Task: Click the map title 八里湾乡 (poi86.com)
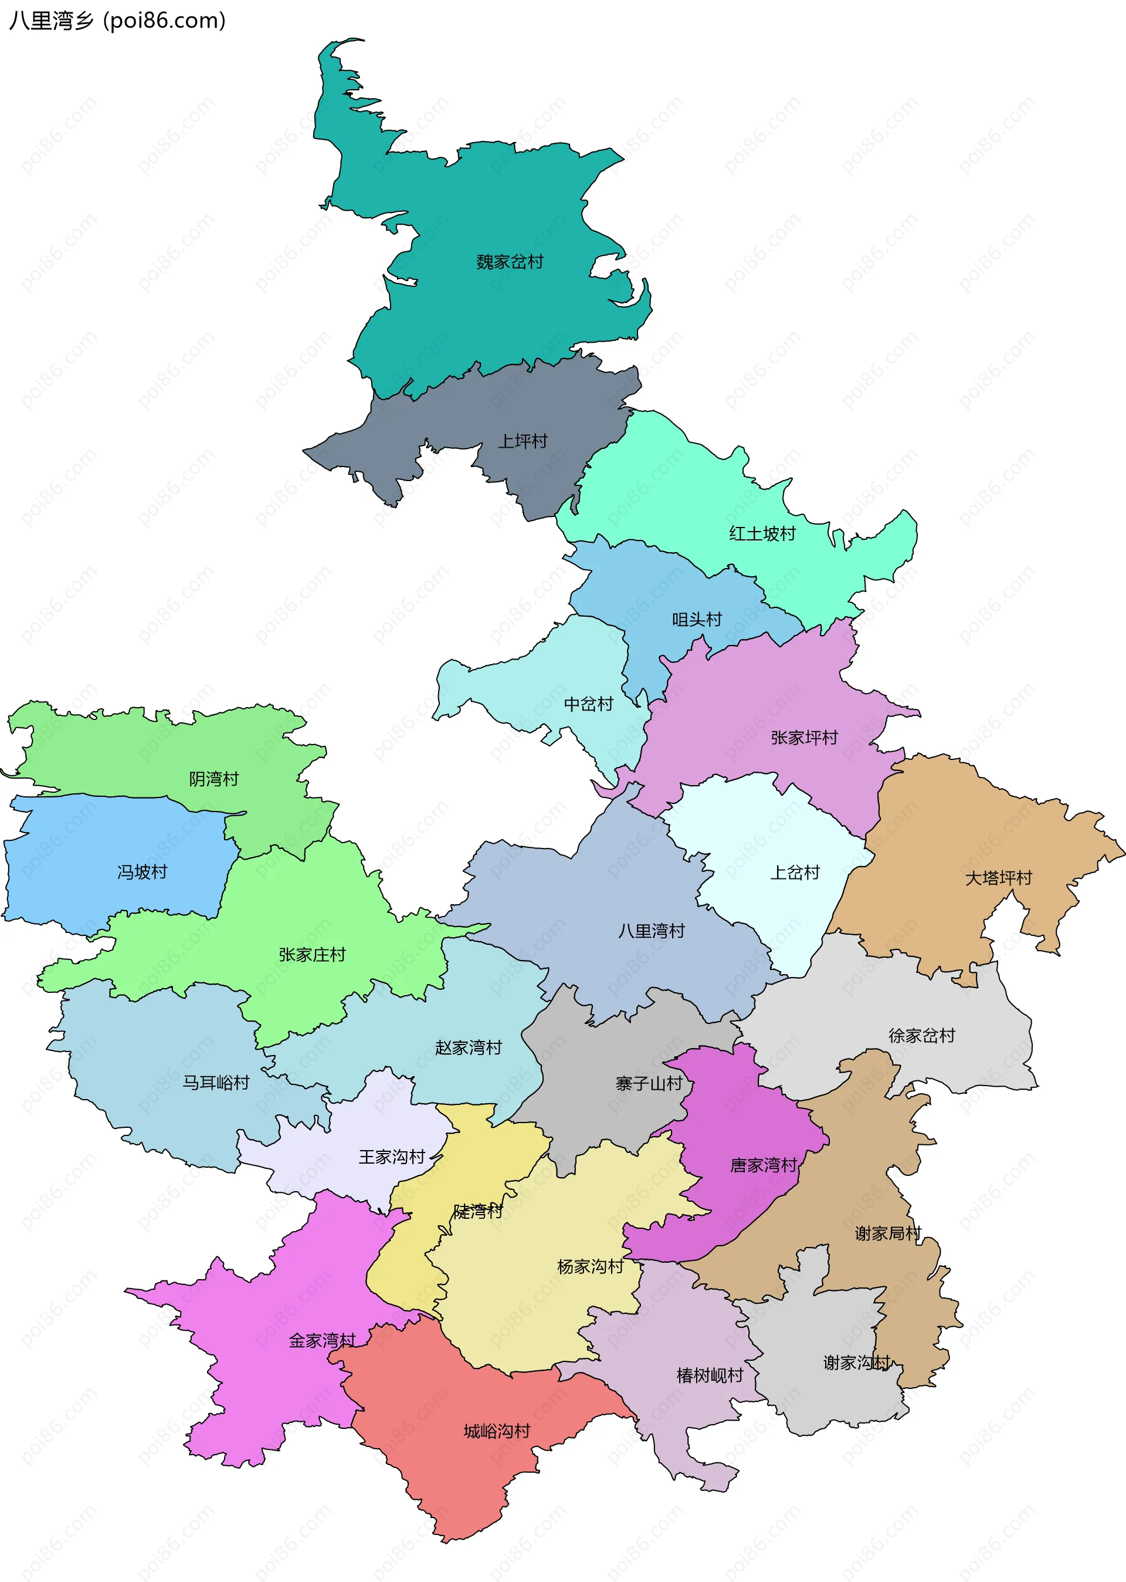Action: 117,21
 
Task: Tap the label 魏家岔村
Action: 510,262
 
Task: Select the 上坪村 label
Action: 523,441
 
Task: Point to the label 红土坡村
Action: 762,533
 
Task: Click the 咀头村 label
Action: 697,619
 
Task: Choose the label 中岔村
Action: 589,704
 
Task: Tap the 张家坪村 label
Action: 804,737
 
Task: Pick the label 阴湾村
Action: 213,779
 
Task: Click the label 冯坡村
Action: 142,872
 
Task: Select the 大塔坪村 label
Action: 998,878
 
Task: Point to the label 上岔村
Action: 795,873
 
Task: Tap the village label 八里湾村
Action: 651,931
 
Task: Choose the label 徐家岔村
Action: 921,1036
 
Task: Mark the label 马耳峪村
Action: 216,1083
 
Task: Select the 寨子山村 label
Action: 649,1083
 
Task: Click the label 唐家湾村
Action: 764,1165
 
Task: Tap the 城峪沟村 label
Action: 497,1431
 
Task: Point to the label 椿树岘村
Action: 709,1375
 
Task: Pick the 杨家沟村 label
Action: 590,1266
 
